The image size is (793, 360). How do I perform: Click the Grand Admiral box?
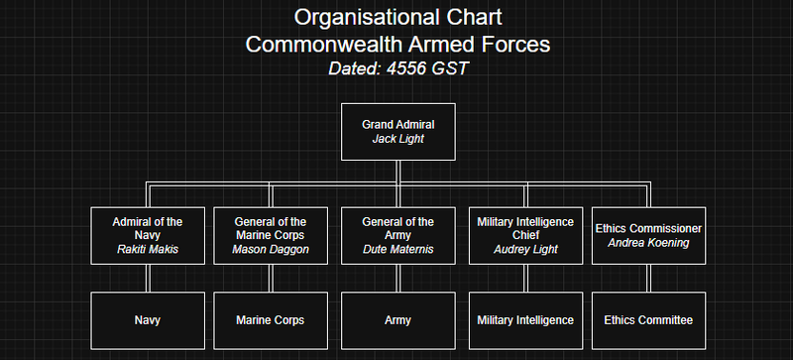tap(397, 131)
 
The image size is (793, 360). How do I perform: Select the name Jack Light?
tap(397, 139)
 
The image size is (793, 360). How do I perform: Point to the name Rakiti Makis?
tap(148, 249)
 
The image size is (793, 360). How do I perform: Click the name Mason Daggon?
tap(271, 249)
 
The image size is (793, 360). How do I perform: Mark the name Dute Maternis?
tap(397, 249)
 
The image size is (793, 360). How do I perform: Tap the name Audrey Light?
tap(525, 249)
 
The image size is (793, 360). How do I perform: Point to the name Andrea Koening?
tap(648, 242)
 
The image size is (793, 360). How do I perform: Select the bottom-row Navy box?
tap(148, 320)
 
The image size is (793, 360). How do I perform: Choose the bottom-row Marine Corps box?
tap(271, 320)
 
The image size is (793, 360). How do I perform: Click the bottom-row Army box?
tap(397, 320)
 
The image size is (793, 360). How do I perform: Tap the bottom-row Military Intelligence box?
tap(525, 320)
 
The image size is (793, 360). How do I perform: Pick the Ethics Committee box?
tap(648, 320)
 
